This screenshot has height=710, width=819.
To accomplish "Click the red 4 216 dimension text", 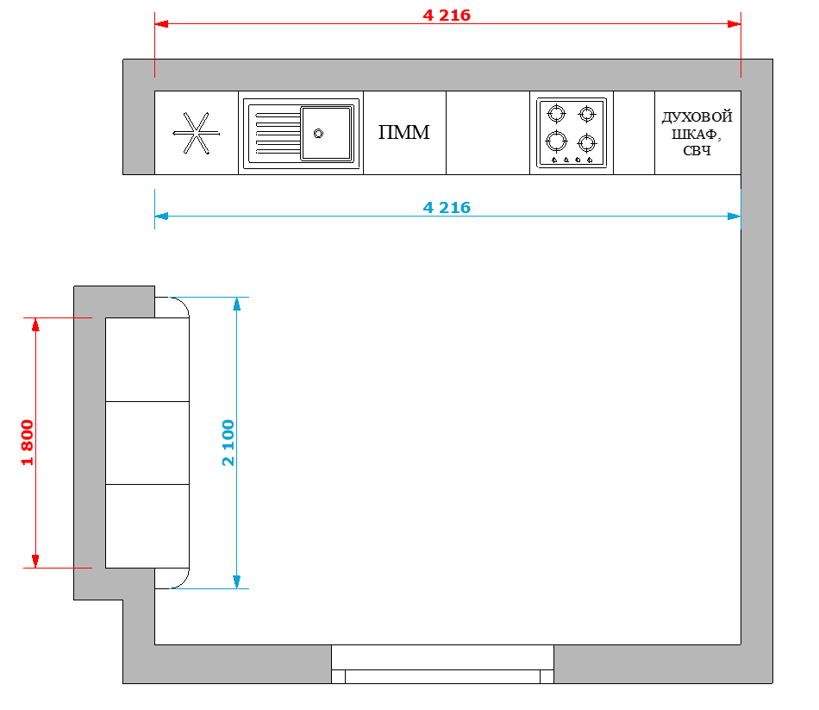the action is tap(447, 16).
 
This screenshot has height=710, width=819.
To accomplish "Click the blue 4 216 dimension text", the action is tap(447, 208).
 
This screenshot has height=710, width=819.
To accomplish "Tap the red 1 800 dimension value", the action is tap(28, 443).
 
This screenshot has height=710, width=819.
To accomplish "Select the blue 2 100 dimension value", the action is tap(228, 443).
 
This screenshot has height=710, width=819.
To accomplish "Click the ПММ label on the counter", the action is tap(403, 132).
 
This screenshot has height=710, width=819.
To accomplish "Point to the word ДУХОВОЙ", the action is tap(697, 116).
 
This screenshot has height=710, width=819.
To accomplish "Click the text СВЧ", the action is tap(697, 151).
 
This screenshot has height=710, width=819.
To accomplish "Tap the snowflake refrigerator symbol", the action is tap(197, 134).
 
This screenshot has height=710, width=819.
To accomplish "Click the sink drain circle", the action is tap(318, 134).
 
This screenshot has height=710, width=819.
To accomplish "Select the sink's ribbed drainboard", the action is tap(278, 134).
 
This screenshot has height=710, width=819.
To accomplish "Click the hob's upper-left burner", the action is tap(556, 113).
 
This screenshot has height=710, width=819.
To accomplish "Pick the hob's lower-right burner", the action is tap(586, 142).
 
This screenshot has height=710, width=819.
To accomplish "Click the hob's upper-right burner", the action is tap(586, 114).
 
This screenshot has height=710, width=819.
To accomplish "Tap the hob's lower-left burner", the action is tap(556, 141).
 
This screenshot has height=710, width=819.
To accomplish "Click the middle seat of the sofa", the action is tap(147, 443).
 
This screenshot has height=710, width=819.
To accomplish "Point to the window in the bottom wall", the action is tap(442, 664).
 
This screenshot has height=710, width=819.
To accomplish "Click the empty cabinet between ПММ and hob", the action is tap(488, 133).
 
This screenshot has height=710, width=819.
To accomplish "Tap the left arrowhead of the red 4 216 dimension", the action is tap(161, 24).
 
